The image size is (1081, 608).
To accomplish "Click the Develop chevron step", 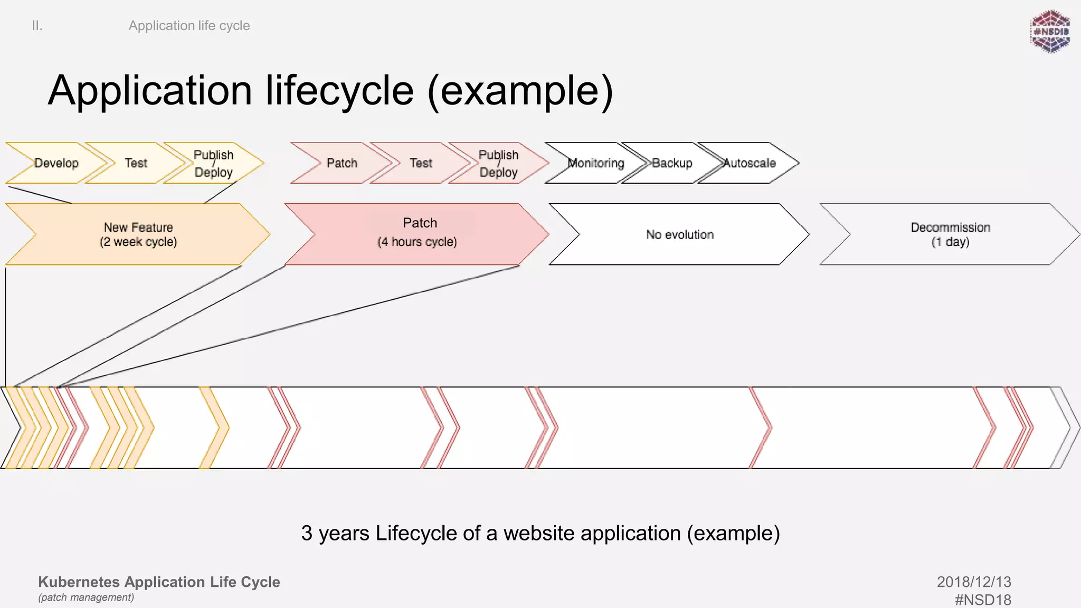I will pos(56,163).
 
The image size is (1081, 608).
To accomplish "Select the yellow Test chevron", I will pos(136,163).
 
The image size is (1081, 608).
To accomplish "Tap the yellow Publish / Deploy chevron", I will pos(214,163).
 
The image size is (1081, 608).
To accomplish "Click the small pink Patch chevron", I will pos(342,163).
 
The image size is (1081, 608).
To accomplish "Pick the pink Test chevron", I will pos(421,163).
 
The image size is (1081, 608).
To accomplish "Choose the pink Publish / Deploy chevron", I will pos(499,163).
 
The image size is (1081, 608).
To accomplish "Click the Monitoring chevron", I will pos(596,163).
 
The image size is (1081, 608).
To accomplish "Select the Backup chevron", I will pos(672,163).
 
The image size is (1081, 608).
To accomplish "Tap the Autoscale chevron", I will pos(750,163).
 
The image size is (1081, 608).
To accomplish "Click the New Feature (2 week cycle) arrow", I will pos(138,234).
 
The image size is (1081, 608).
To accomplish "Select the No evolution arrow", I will pos(680,234).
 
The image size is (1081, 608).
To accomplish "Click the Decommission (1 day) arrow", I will pos(950,234).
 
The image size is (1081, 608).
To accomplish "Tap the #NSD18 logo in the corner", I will pos(1050,32).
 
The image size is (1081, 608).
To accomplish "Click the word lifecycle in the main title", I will pos(339,91).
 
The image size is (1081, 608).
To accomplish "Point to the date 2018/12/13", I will pos(974,582).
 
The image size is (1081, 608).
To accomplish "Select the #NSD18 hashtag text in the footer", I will pos(983,600).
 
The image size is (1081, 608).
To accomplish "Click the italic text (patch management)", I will pos(86,597).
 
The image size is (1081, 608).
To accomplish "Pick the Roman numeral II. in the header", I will pos(37,25).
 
